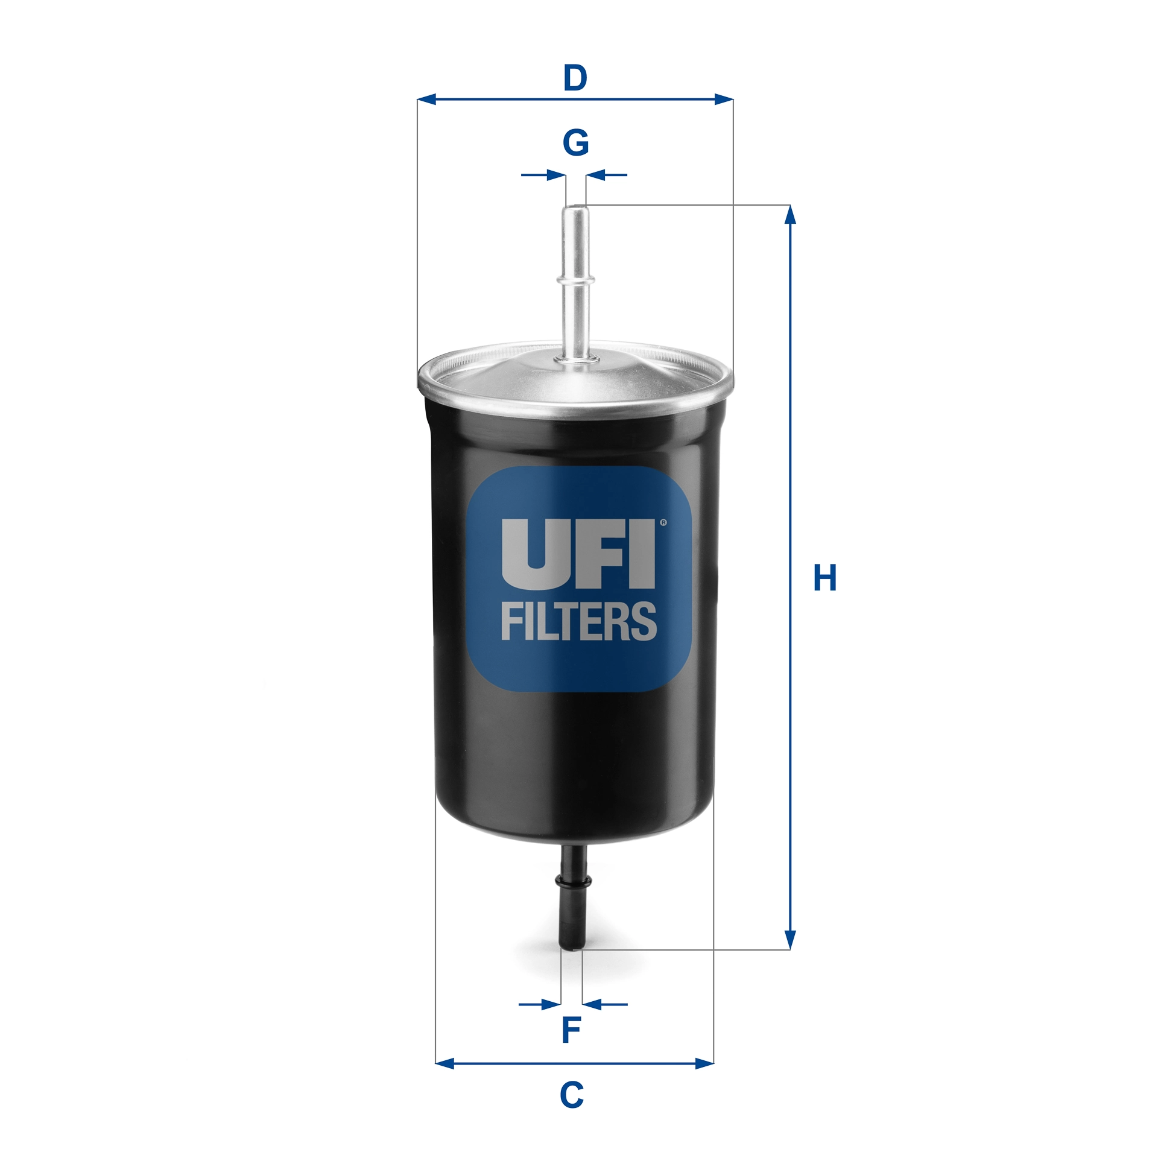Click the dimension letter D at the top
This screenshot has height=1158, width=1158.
[575, 78]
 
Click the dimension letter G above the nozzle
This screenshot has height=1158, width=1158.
[575, 143]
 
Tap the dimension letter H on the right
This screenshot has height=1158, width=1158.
[824, 578]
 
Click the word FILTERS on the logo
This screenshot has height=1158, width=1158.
[578, 621]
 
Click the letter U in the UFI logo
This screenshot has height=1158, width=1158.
[533, 554]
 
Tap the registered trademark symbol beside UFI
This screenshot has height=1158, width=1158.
[663, 523]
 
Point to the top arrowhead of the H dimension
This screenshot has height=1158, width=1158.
[789, 214]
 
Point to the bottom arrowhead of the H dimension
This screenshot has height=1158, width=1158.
[789, 940]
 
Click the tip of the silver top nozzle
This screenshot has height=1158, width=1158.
[575, 209]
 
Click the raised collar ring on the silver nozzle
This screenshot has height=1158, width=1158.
[575, 279]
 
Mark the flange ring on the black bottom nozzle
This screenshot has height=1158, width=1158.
[573, 882]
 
